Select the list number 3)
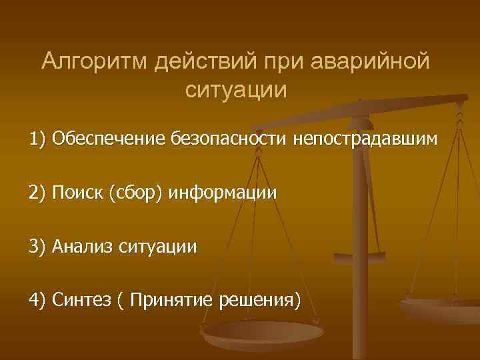(37, 247)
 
